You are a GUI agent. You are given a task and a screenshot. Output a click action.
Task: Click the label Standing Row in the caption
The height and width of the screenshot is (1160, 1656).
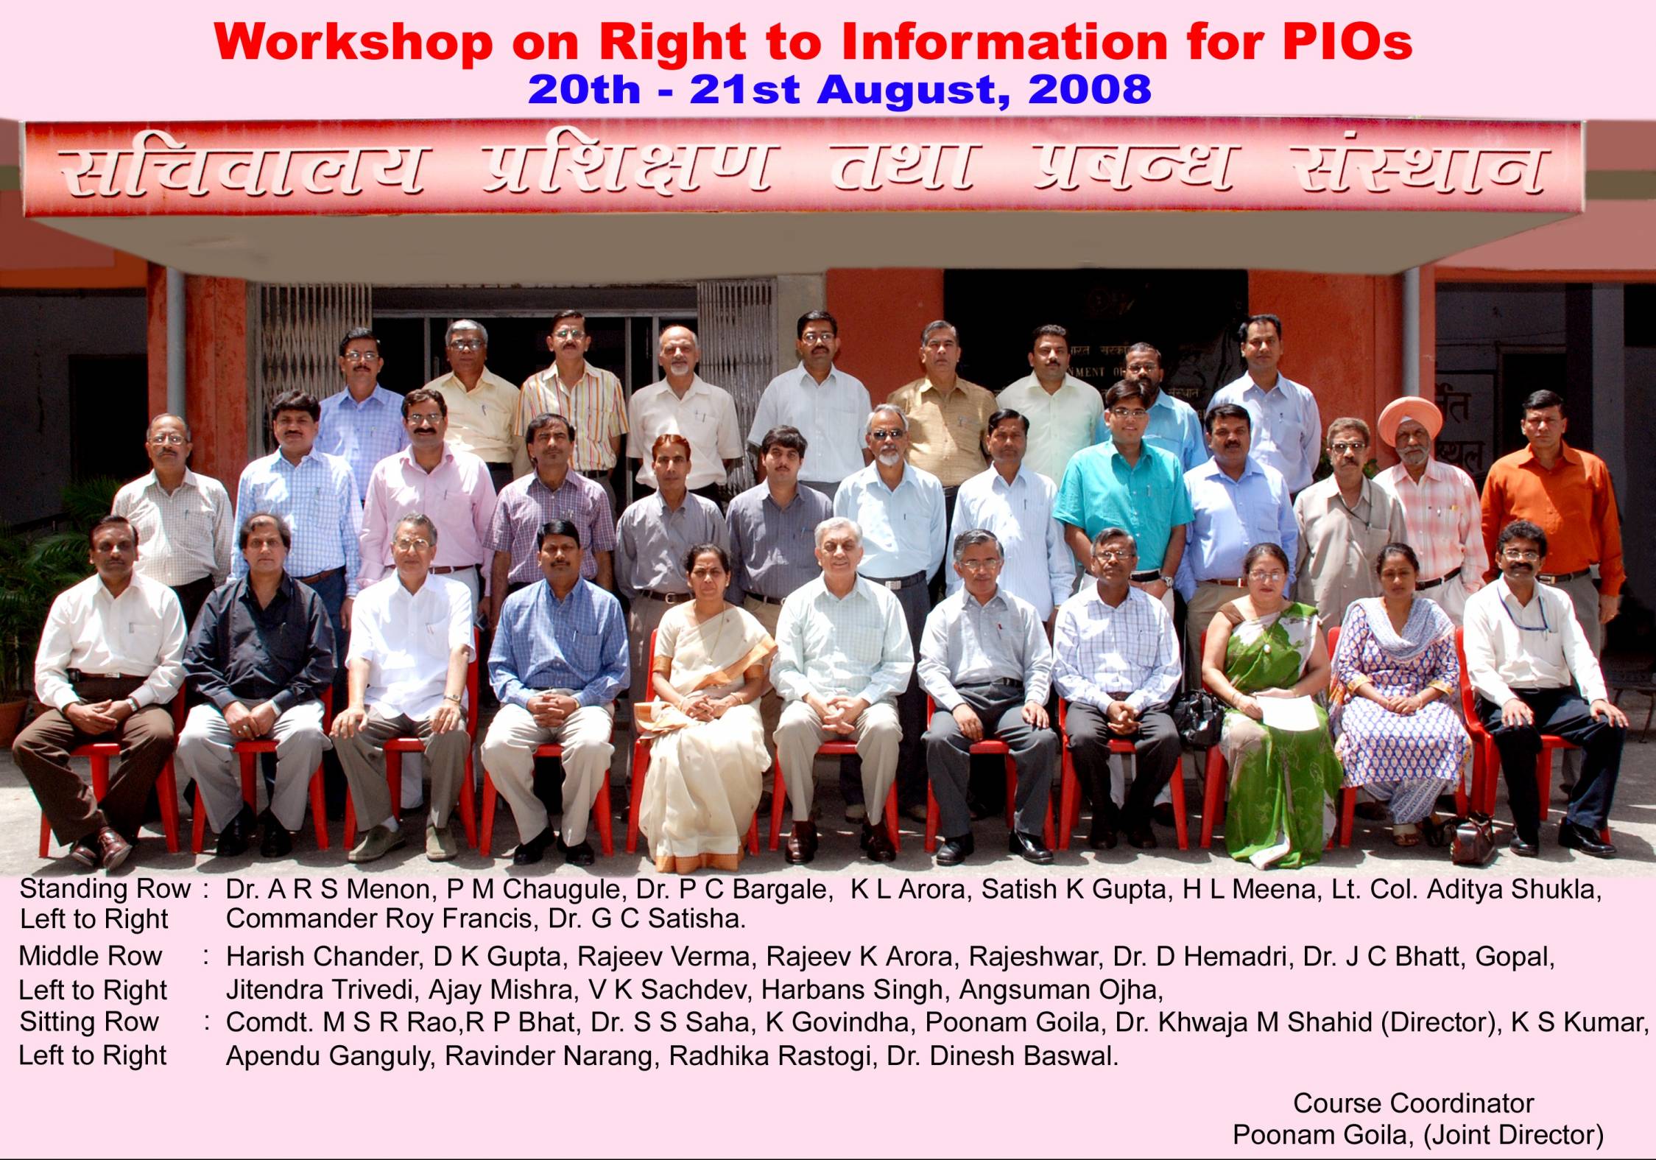click(x=105, y=889)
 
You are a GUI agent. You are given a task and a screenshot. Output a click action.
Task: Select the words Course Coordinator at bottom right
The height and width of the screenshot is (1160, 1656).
click(x=1413, y=1103)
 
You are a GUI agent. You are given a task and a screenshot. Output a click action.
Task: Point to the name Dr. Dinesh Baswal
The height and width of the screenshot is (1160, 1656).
click(x=1002, y=1055)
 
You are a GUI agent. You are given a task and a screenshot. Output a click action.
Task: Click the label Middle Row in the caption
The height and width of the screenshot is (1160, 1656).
click(x=90, y=956)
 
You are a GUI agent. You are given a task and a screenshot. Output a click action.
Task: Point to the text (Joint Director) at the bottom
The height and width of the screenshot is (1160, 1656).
click(x=1513, y=1134)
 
